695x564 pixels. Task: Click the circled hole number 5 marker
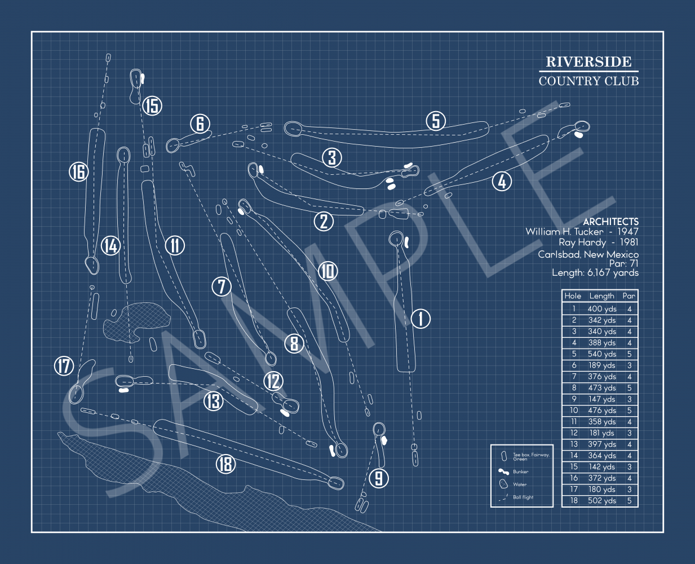pyautogui.click(x=436, y=121)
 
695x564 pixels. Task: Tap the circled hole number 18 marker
pyautogui.click(x=225, y=464)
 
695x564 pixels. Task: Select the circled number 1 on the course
pyautogui.click(x=420, y=319)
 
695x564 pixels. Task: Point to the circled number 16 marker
pyautogui.click(x=78, y=171)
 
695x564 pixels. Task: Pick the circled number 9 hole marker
pyautogui.click(x=379, y=478)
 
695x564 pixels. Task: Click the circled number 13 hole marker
pyautogui.click(x=213, y=401)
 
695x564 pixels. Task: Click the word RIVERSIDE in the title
pyautogui.click(x=588, y=61)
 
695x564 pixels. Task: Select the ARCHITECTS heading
pyautogui.click(x=610, y=222)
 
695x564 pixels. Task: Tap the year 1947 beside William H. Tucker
pyautogui.click(x=627, y=232)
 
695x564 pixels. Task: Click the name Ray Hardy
pyautogui.click(x=582, y=243)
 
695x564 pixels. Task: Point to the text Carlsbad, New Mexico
pyautogui.click(x=588, y=254)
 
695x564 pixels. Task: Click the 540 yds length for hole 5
pyautogui.click(x=601, y=354)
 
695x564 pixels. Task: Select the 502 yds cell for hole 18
pyautogui.click(x=601, y=501)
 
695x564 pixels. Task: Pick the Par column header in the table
pyautogui.click(x=629, y=296)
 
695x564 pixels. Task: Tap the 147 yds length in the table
pyautogui.click(x=601, y=399)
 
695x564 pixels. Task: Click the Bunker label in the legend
pyautogui.click(x=520, y=472)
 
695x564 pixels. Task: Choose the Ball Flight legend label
pyautogui.click(x=523, y=497)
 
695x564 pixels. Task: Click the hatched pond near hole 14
pyautogui.click(x=137, y=321)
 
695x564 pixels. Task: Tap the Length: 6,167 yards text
pyautogui.click(x=595, y=273)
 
